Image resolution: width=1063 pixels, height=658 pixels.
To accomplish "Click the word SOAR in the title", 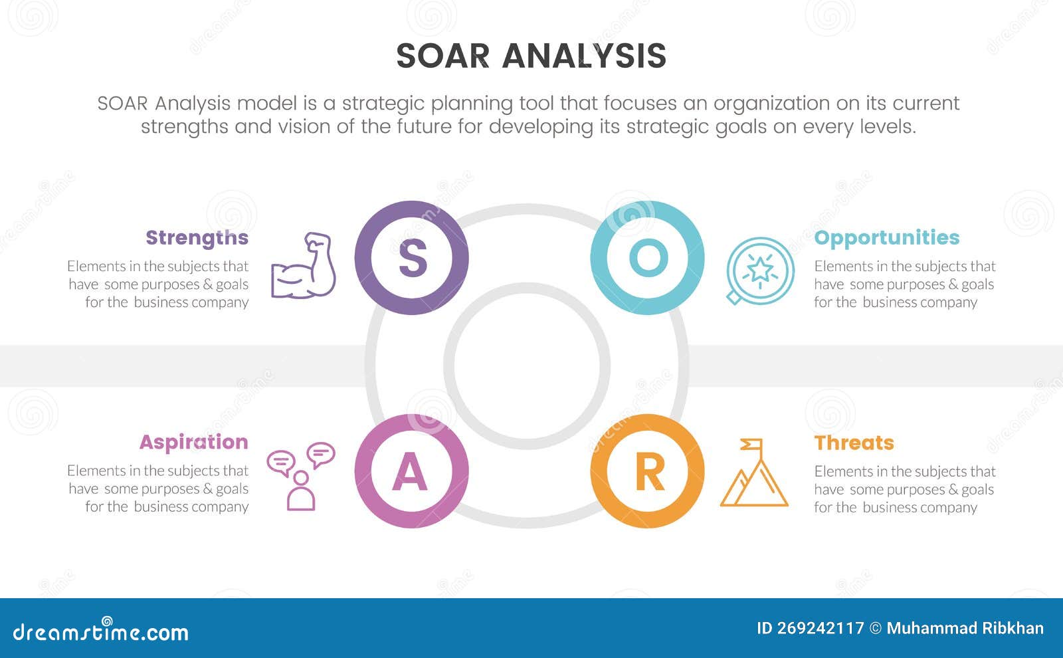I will point(442,56).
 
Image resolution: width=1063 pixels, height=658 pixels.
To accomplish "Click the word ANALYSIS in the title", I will point(584,56).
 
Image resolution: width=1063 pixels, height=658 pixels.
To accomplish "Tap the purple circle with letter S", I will point(412,258).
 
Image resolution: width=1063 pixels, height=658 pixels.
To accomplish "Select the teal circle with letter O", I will point(648,258).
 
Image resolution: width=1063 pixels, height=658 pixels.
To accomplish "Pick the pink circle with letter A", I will point(412,471).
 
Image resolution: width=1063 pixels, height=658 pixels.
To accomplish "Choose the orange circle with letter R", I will point(648,471).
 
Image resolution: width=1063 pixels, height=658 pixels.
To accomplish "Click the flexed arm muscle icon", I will point(303,265).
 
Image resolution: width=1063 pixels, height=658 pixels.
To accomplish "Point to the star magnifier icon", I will point(759,271).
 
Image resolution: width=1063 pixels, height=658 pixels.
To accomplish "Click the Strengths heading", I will point(197,238).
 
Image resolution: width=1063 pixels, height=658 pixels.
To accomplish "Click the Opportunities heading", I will point(886,238).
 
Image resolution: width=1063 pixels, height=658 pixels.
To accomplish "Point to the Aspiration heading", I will point(193,442).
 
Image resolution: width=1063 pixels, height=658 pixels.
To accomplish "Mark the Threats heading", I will point(854,443).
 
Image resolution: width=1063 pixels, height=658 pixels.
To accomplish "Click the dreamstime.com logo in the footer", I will point(101,631).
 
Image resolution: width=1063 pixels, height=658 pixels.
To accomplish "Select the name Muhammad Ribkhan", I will point(965,629).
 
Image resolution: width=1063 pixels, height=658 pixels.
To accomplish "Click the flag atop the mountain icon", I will point(752,443).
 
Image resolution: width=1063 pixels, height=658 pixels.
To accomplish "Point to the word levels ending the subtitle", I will point(890,127).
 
